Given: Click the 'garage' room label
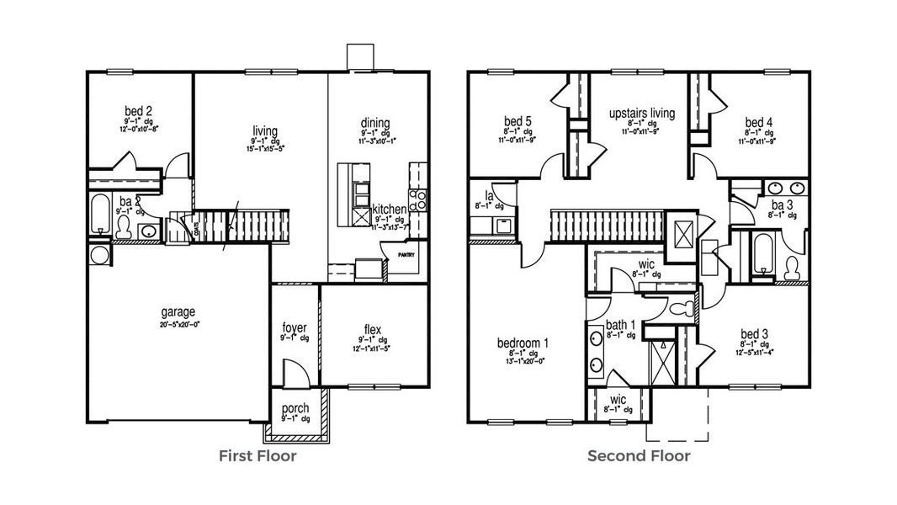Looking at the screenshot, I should coord(178,311).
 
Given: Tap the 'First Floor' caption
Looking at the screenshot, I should coord(257,456).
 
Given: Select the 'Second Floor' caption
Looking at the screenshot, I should coord(639,456).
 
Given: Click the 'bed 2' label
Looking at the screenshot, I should coord(138,110).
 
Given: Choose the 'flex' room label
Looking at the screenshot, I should coord(373,328).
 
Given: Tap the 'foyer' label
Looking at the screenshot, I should coord(295,327).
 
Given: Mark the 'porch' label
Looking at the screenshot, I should coord(295,408).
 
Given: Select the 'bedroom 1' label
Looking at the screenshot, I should coord(523,343).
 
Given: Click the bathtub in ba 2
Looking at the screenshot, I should coord(98,215).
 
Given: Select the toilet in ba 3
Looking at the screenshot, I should coord(791,268).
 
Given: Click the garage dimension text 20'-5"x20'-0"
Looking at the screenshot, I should coord(178,323).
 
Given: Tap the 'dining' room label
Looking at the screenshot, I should coord(375,123).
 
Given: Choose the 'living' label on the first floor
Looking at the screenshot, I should coord(265,130).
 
